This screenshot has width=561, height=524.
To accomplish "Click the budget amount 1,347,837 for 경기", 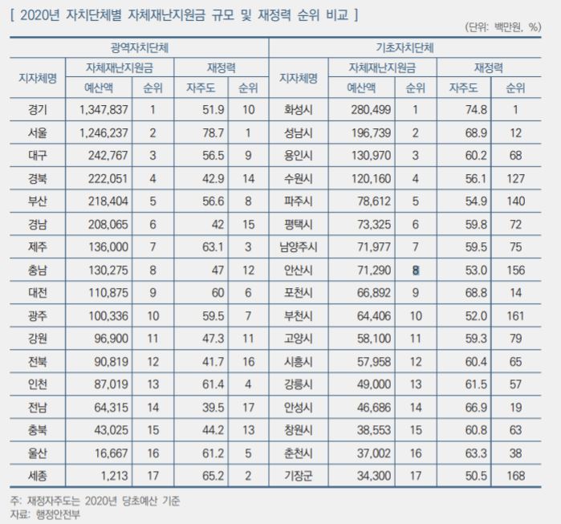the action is pos(104,109).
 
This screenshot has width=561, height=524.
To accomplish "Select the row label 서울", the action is pos(38,132).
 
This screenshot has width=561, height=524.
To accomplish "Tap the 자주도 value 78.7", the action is pos(213,132).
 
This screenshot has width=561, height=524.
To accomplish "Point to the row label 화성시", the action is pos(298,109).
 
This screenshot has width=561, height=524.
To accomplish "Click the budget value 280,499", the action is pos(371,109).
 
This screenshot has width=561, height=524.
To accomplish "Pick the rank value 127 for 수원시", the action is pos(515,178).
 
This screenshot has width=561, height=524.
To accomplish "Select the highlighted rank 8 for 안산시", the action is pos(416,270).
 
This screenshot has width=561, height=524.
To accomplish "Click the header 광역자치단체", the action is pos(140,47).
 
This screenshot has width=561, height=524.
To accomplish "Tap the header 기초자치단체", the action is pos(404,47).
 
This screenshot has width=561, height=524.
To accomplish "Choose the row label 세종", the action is pos(38,476).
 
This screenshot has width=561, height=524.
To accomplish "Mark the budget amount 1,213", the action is pos(114,476).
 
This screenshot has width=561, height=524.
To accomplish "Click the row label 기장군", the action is pos(298,476).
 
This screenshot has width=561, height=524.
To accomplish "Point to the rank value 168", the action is pos(515,476).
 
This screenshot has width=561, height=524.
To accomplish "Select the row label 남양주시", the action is pos(298,247).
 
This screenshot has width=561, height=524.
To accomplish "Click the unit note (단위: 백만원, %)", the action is pos(503,27).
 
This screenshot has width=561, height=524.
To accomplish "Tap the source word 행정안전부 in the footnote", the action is pos(58,514).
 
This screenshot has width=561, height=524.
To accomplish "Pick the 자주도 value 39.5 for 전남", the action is pos(213,408).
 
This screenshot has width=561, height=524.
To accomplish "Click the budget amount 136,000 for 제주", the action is pos(108,247).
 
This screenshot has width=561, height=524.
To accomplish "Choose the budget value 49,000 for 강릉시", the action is pos(374,384).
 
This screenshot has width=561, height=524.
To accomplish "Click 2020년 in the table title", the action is pos(39,15).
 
